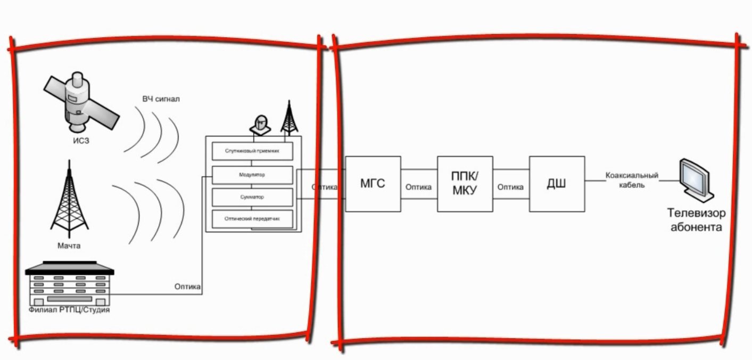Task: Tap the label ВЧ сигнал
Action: tap(164, 99)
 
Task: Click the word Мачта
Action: tap(69, 246)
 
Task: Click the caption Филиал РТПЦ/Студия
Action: tap(69, 309)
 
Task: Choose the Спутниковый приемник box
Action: tap(252, 151)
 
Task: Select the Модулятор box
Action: tap(252, 174)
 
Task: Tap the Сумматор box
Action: tap(252, 197)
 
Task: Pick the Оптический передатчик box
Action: tap(252, 219)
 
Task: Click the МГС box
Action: tap(373, 184)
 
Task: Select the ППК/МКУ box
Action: tap(465, 184)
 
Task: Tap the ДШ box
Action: tap(557, 184)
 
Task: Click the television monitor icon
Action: tap(696, 179)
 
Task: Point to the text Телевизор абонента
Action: tap(696, 220)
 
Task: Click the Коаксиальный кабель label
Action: tap(632, 180)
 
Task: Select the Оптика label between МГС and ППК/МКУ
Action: tap(419, 187)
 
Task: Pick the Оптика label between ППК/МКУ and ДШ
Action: tap(510, 187)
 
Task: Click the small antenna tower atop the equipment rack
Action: tap(288, 118)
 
